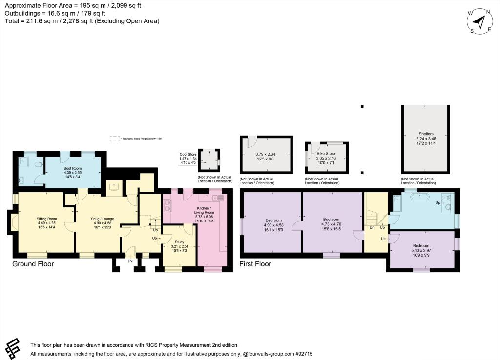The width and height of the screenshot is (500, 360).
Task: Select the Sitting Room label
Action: [47, 219]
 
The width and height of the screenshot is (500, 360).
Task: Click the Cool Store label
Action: [188, 154]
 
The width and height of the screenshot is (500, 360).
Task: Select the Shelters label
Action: [426, 134]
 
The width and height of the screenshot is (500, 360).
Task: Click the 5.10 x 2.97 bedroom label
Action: [421, 245]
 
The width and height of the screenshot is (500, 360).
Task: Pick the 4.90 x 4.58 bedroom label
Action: [273, 220]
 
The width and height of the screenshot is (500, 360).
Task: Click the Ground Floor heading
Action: [33, 264]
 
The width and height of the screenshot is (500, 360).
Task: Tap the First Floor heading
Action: [255, 264]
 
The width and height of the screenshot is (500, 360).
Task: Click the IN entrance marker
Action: [130, 261]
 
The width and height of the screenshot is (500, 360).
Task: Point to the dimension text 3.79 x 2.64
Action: [266, 155]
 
